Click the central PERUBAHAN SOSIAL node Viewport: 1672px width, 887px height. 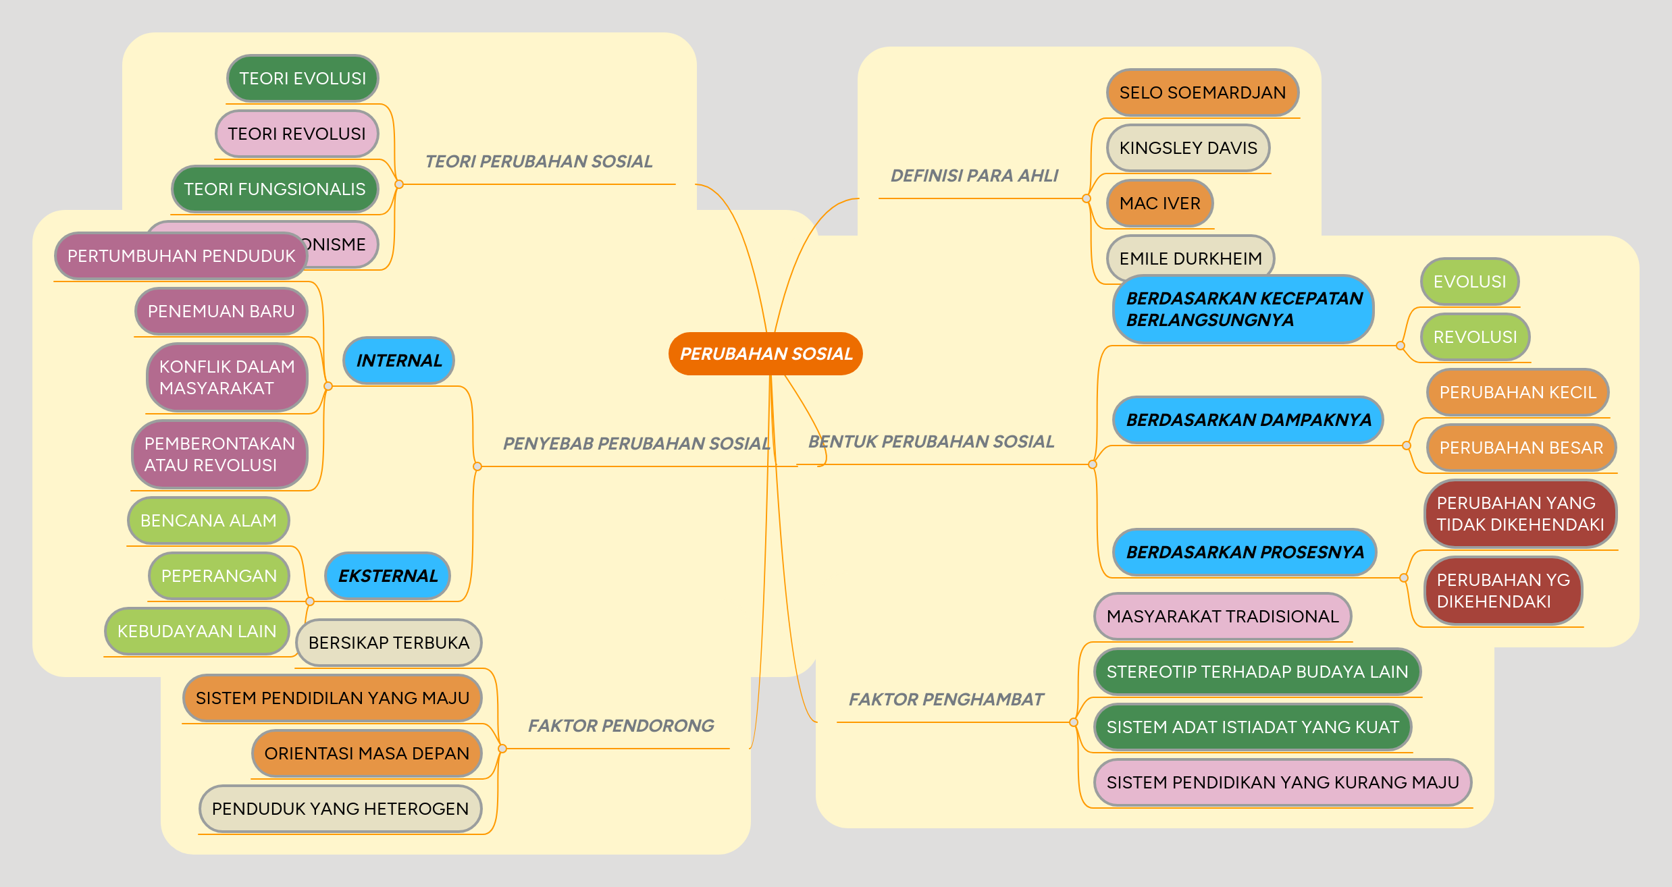point(765,354)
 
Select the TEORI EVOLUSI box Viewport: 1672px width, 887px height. point(303,78)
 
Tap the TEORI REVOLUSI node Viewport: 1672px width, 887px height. point(296,134)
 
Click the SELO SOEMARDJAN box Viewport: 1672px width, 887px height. point(1202,92)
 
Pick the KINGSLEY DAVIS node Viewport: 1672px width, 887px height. point(1188,148)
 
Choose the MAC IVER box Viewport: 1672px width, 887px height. point(1159,203)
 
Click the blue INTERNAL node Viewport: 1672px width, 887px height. point(398,360)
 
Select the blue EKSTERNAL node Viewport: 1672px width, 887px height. point(388,576)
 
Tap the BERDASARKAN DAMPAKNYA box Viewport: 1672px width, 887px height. point(1248,420)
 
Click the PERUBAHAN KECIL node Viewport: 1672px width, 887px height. point(1517,392)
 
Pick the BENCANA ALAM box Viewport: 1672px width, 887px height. point(208,520)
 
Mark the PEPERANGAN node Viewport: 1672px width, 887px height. point(219,576)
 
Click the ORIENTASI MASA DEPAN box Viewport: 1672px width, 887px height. point(366,753)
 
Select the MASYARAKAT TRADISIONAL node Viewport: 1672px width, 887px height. point(1222,616)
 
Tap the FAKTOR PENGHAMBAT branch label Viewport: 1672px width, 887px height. point(945,699)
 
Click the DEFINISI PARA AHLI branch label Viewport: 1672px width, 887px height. point(974,176)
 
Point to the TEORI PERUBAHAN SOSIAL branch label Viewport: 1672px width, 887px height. point(538,161)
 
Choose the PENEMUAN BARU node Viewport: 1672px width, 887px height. point(221,311)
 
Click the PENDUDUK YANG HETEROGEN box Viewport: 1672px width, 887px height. point(340,809)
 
